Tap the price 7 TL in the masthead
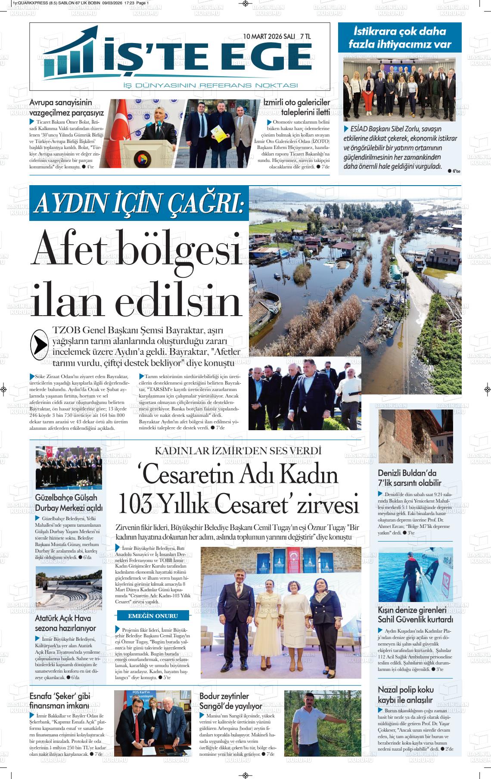tap(305, 37)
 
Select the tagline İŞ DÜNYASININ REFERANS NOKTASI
tap(211, 85)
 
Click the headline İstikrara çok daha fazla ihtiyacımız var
tap(400, 37)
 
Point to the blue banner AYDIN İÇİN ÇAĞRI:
tap(139, 203)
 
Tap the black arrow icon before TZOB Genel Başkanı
tap(40, 343)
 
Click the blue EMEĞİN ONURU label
tap(153, 615)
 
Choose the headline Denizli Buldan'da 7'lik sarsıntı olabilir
tap(410, 478)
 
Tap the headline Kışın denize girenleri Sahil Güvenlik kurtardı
tap(415, 615)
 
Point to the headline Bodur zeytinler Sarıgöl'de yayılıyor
tap(230, 701)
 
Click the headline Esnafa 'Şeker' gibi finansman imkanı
tap(60, 701)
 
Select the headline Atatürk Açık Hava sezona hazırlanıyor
tap(65, 623)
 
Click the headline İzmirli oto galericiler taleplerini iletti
tap(297, 107)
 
